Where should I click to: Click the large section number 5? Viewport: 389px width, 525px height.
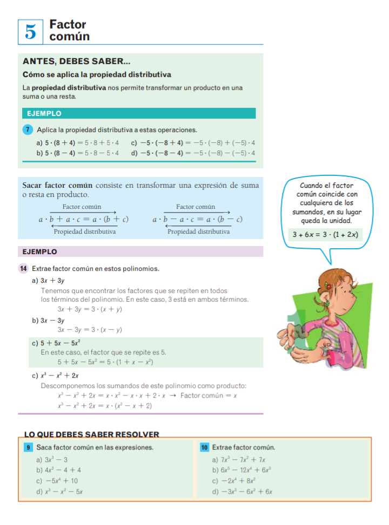tap(31, 32)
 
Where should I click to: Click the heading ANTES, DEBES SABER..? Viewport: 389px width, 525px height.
tap(76, 62)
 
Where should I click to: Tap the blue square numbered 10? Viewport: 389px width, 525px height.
tap(204, 447)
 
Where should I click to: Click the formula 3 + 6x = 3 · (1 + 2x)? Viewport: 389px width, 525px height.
tap(325, 235)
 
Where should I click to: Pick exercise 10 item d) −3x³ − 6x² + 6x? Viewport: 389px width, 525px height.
tap(243, 492)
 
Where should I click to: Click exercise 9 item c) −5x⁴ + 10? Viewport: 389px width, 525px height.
tap(57, 481)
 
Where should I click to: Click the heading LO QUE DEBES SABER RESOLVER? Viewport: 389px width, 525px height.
tap(92, 434)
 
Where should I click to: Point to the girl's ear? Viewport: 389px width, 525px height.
tap(328, 295)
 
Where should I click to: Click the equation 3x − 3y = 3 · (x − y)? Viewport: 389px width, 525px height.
tap(90, 330)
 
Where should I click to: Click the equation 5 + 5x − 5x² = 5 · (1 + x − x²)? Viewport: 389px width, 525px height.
tap(105, 362)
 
